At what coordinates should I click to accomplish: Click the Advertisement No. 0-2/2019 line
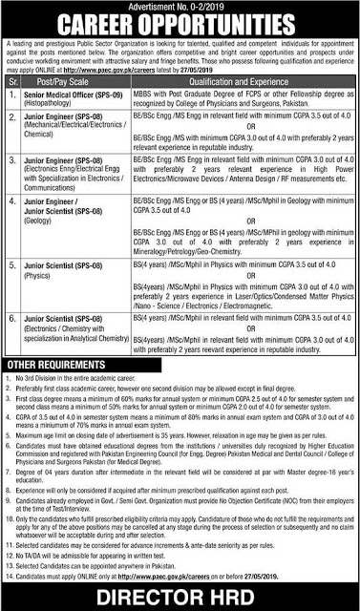click(180, 6)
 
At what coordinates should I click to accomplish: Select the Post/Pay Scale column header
click(73, 83)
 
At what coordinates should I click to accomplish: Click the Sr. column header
click(13, 83)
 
